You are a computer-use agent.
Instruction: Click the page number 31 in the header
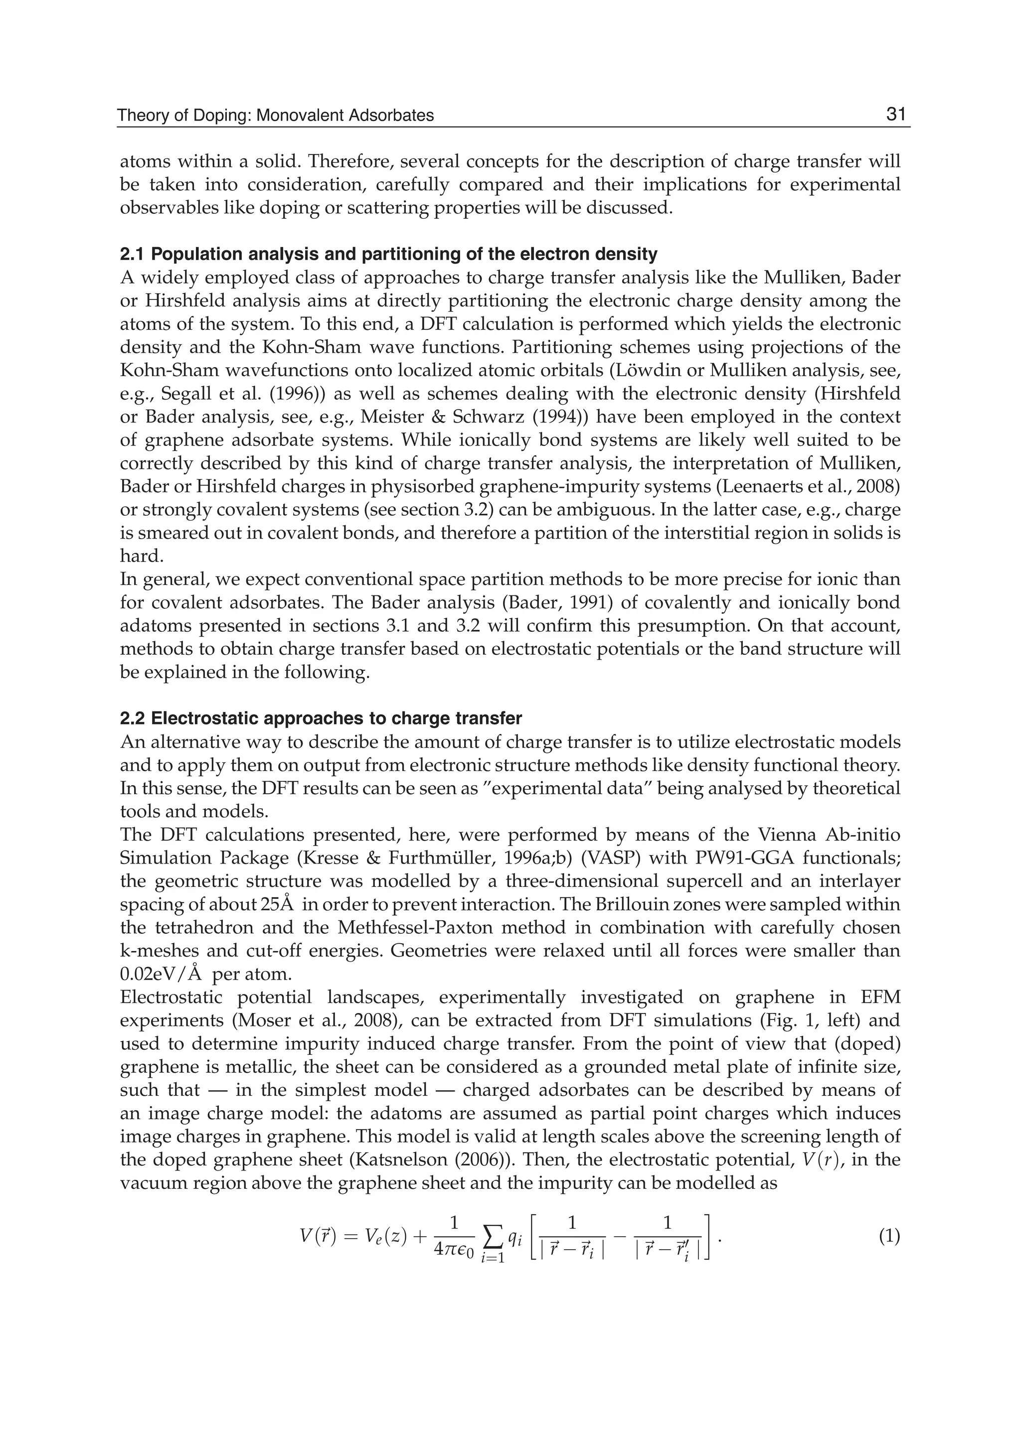895,115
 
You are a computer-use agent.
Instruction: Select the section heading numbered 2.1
388,255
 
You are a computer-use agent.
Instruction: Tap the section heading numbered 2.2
321,719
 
